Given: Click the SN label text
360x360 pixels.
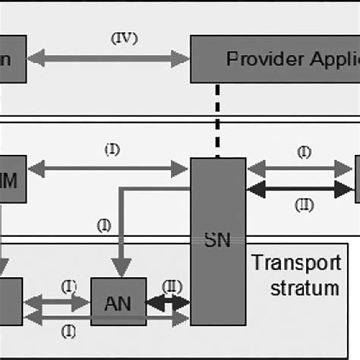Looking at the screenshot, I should [x=216, y=241].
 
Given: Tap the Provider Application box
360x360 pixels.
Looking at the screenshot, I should [x=274, y=58].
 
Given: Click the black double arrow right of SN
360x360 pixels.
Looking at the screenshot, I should [x=301, y=188].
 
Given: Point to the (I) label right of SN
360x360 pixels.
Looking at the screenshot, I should [x=304, y=153].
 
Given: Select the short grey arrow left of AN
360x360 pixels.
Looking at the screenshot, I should [x=57, y=303].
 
